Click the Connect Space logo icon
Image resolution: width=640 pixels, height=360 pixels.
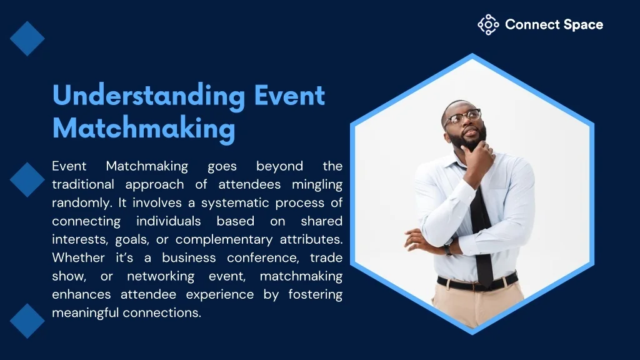(x=488, y=25)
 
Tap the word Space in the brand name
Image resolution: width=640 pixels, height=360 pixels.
(x=583, y=25)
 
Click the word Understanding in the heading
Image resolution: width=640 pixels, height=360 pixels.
(x=149, y=96)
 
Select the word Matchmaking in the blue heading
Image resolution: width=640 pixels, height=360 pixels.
(x=144, y=129)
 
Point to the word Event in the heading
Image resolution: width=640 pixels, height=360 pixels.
(x=289, y=96)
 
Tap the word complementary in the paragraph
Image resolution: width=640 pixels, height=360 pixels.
(x=224, y=240)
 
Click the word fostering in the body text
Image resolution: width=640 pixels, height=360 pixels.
(x=315, y=295)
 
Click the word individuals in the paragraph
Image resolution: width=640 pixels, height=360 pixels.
(x=169, y=221)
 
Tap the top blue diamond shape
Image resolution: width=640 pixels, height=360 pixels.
(x=27, y=38)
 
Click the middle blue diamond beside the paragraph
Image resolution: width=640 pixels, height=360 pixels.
(x=27, y=179)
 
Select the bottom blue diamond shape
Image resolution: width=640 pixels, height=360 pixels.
(x=27, y=321)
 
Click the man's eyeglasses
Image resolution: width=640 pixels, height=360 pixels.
(x=463, y=117)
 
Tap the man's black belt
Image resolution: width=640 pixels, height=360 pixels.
(x=477, y=282)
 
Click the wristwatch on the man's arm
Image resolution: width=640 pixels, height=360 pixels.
(x=449, y=248)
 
